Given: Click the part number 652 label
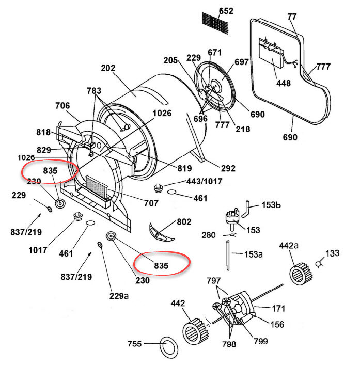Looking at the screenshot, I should pos(226,11).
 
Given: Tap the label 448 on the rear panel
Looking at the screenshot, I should pos(284,83).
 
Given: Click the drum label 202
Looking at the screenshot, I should pos(108,68).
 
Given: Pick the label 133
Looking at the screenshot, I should pos(333,253).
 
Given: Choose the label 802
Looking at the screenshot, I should pos(184,222).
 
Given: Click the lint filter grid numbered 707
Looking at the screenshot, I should pos(98,188).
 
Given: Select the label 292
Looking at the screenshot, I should pos(228,168).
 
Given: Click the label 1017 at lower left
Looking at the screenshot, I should pos(38,250).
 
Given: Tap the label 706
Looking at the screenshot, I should pos(62,106).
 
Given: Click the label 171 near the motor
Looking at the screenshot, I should pos(278,308).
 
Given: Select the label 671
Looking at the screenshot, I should pos(215,52).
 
